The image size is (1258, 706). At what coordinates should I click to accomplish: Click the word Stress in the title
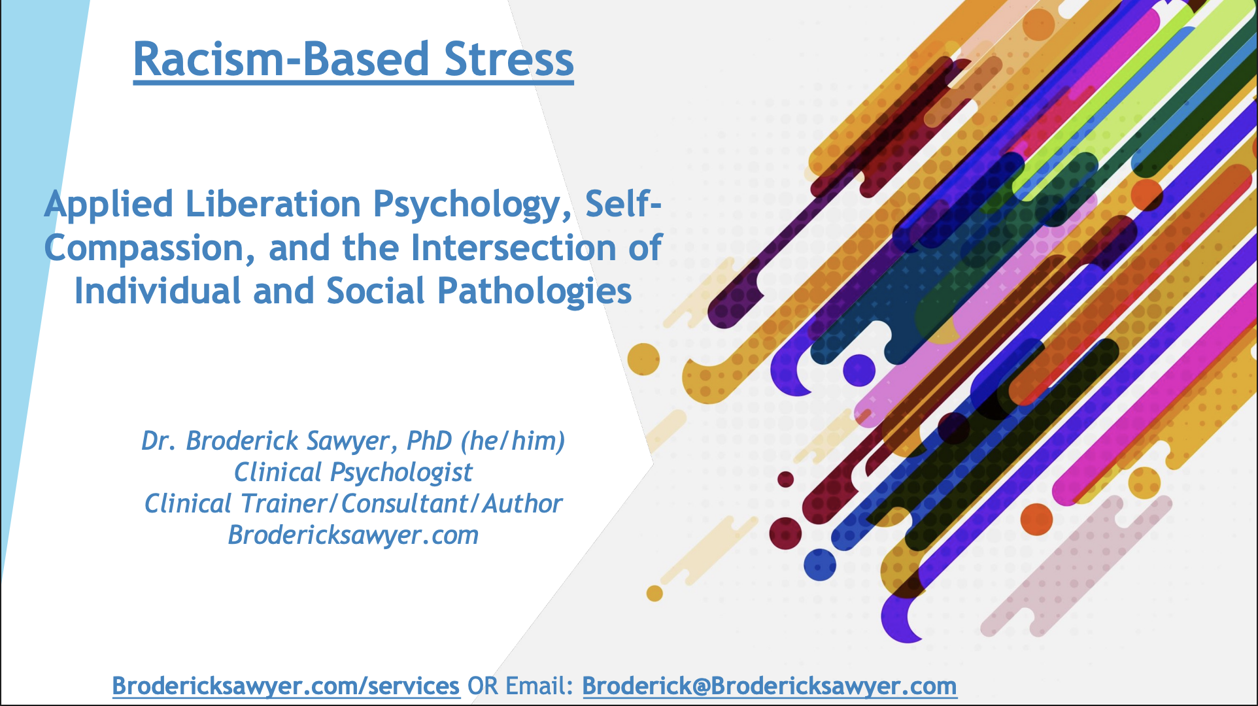509,59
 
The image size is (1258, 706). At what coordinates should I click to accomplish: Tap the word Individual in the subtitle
158,291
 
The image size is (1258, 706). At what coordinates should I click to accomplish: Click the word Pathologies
534,292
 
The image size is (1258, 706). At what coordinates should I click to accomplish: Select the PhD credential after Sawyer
430,441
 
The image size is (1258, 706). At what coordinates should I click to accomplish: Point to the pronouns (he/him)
513,442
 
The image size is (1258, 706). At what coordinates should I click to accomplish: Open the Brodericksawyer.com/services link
286,686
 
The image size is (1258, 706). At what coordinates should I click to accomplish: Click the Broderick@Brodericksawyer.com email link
770,686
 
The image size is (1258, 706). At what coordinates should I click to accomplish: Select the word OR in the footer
483,686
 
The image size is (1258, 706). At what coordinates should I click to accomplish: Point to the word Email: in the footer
540,686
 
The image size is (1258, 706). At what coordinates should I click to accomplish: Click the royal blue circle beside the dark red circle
820,565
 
